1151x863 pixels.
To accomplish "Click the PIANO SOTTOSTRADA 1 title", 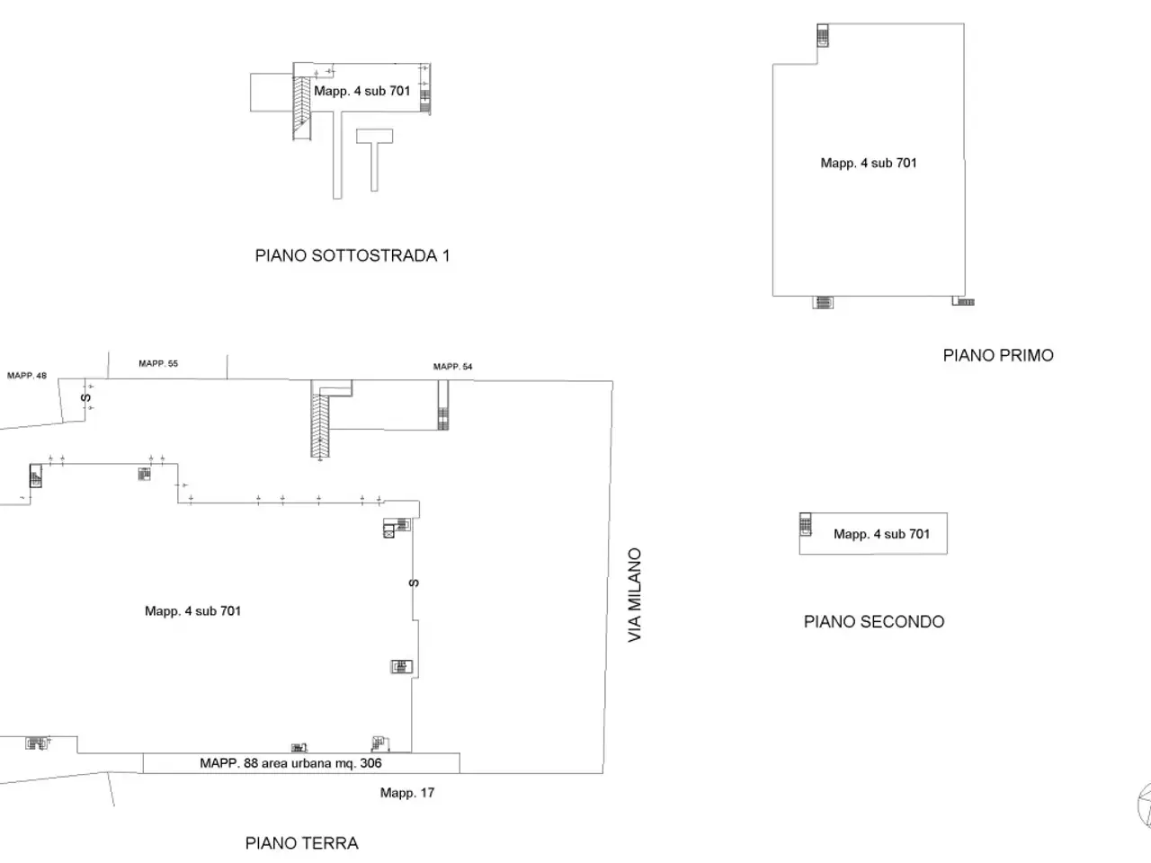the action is click(x=352, y=255).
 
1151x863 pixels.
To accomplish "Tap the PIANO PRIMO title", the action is click(x=998, y=355).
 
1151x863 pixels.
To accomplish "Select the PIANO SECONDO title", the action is click(x=874, y=621).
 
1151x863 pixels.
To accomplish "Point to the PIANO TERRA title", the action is click(x=301, y=843).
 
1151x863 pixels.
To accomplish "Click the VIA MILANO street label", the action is click(x=635, y=595).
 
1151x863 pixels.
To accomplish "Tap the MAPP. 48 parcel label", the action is click(x=27, y=375).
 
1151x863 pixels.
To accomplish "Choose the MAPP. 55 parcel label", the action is click(x=158, y=363).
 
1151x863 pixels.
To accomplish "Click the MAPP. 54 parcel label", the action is click(x=452, y=366).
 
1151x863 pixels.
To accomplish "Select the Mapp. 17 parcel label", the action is click(x=407, y=793).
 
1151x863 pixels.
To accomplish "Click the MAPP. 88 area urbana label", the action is click(x=290, y=763).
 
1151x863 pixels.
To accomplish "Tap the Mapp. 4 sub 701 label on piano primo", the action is click(x=869, y=163).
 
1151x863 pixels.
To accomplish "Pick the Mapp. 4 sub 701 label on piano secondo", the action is click(x=881, y=534).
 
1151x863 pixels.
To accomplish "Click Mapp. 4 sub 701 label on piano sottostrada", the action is click(x=361, y=91).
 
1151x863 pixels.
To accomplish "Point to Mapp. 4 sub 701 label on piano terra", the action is click(x=192, y=611).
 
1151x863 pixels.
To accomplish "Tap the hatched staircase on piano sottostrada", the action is click(x=301, y=109).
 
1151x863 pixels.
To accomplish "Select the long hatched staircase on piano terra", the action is click(x=320, y=425).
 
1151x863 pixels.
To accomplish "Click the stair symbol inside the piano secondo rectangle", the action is click(x=806, y=524).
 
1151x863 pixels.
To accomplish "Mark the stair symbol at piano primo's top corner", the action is click(x=823, y=35).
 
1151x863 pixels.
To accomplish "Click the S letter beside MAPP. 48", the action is click(x=86, y=397).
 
